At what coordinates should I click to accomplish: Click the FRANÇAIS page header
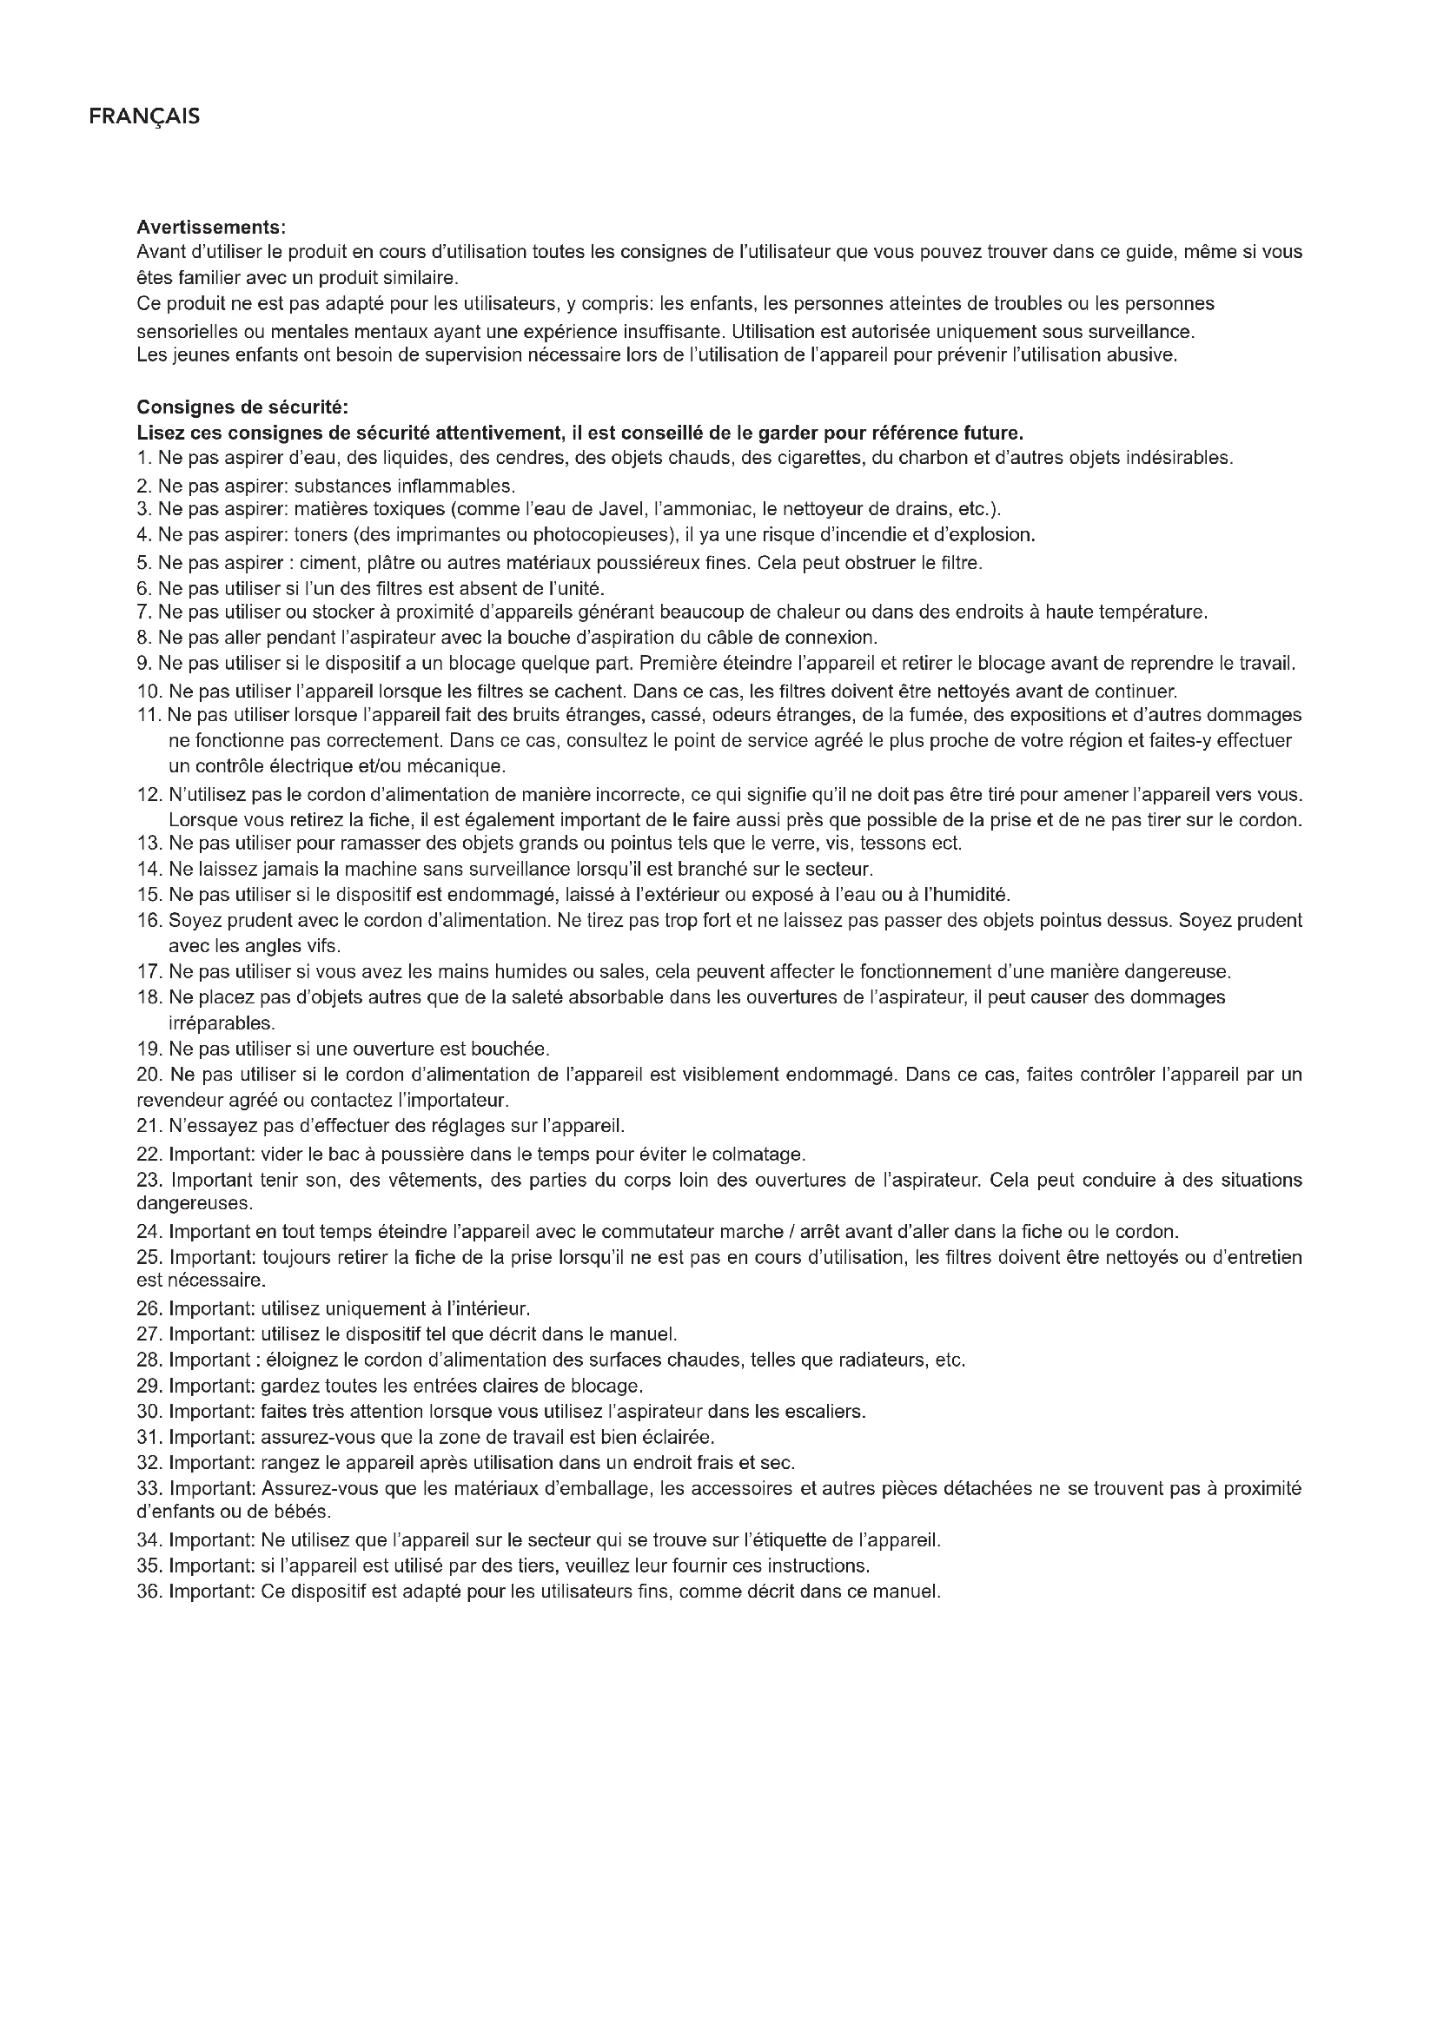[x=144, y=116]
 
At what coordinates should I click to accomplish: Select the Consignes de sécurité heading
[x=242, y=407]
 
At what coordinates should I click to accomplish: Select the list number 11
[x=147, y=714]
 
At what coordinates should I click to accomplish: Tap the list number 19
[x=148, y=1049]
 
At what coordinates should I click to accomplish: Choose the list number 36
[x=148, y=1592]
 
